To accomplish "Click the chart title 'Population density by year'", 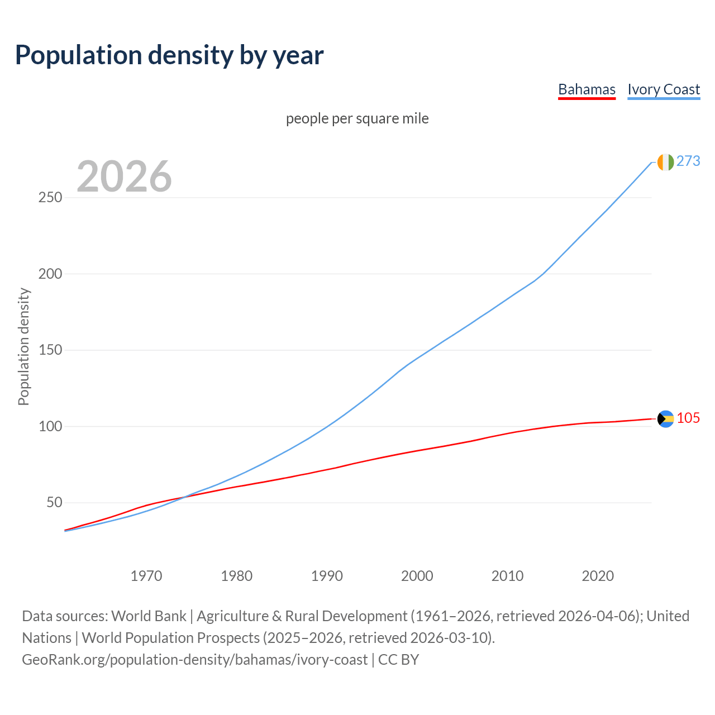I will pyautogui.click(x=169, y=55).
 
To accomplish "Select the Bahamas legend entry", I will pyautogui.click(x=587, y=89).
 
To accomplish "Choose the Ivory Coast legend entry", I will pyautogui.click(x=664, y=89).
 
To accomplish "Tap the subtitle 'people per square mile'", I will pyautogui.click(x=357, y=118).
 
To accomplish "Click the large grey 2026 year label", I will pyautogui.click(x=124, y=177).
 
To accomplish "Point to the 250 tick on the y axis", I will pyautogui.click(x=50, y=198).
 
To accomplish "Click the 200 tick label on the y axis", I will pyautogui.click(x=50, y=274).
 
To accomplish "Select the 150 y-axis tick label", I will pyautogui.click(x=50, y=350).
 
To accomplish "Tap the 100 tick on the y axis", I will pyautogui.click(x=50, y=426).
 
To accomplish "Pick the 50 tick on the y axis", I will pyautogui.click(x=54, y=503).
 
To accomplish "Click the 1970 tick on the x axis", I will pyautogui.click(x=146, y=576).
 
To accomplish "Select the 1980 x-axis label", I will pyautogui.click(x=237, y=576).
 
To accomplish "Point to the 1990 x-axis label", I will pyautogui.click(x=327, y=576).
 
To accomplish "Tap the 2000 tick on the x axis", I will pyautogui.click(x=417, y=576).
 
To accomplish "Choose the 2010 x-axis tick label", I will pyautogui.click(x=507, y=576).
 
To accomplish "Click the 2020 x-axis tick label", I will pyautogui.click(x=598, y=576).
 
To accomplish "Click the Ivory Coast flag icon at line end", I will pyautogui.click(x=665, y=162).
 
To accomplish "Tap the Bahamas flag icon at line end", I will pyautogui.click(x=665, y=419).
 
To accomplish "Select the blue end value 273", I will pyautogui.click(x=688, y=161).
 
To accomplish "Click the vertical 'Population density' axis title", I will pyautogui.click(x=23, y=346).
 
